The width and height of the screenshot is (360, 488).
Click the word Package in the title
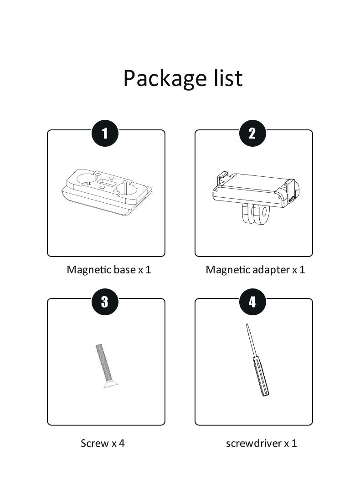165,78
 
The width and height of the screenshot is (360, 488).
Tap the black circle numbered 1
105,133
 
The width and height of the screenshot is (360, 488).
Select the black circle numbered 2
252,133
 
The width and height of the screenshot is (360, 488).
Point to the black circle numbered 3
105,302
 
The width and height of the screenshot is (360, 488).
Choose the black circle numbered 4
252,302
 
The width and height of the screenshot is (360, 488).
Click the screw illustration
105,366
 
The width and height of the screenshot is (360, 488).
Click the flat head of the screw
111,385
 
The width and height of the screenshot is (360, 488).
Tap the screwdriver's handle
261,377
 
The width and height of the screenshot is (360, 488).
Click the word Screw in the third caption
95,443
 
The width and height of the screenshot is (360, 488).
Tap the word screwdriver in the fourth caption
253,443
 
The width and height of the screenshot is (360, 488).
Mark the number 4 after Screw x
121,443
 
